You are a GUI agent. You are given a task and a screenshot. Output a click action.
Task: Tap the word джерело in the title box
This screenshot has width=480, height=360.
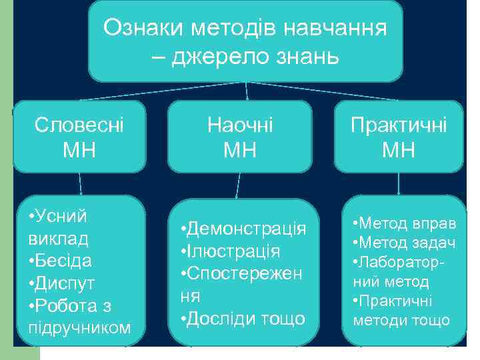[x=219, y=57]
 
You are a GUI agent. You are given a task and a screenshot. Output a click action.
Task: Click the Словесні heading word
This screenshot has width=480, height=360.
[x=79, y=124]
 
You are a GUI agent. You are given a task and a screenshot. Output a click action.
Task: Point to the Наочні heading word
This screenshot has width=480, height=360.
[x=240, y=124]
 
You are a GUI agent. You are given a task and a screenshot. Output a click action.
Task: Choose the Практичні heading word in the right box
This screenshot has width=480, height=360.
[x=399, y=125]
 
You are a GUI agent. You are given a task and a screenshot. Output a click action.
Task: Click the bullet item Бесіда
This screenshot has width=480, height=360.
[x=63, y=260]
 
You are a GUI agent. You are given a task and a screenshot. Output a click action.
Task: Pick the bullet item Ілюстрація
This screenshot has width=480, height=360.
[x=233, y=251]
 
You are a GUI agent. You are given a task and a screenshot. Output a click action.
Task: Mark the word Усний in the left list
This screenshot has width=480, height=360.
[x=61, y=215]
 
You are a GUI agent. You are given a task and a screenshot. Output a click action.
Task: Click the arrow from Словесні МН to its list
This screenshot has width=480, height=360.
[x=81, y=183]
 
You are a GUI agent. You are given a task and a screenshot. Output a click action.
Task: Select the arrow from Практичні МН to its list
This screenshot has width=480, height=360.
[x=398, y=183]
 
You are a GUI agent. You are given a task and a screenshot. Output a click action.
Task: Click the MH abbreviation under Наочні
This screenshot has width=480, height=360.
[x=240, y=149]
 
